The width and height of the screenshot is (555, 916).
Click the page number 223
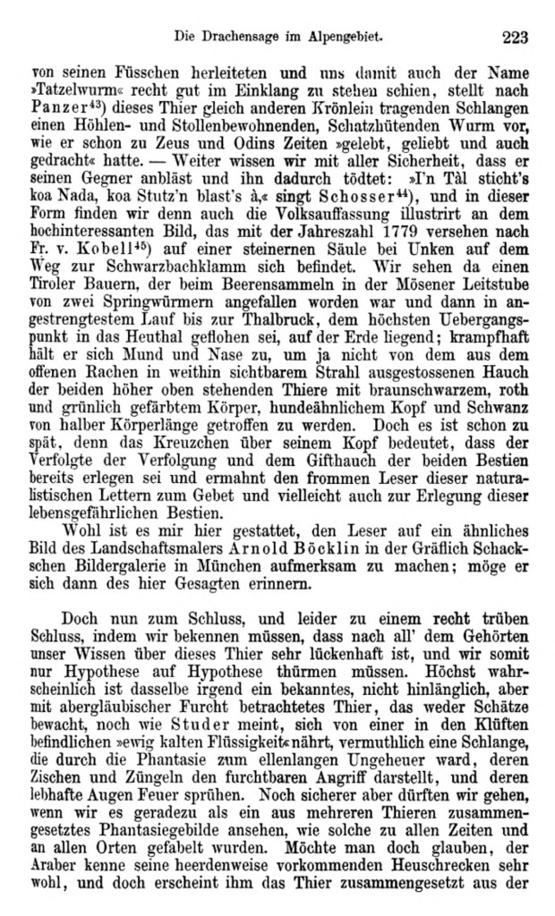pyautogui.click(x=517, y=37)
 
